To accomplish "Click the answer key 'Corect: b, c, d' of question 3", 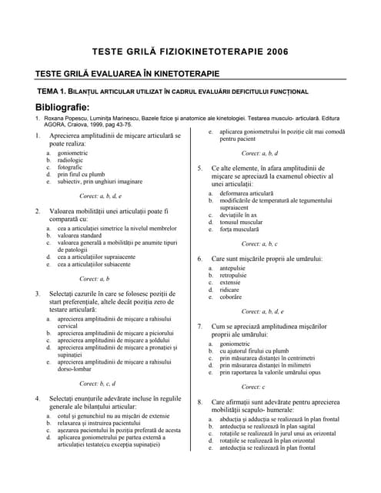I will (97, 383).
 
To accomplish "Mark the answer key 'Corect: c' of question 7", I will (252, 387).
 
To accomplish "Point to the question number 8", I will (199, 402).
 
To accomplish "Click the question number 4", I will (38, 398).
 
